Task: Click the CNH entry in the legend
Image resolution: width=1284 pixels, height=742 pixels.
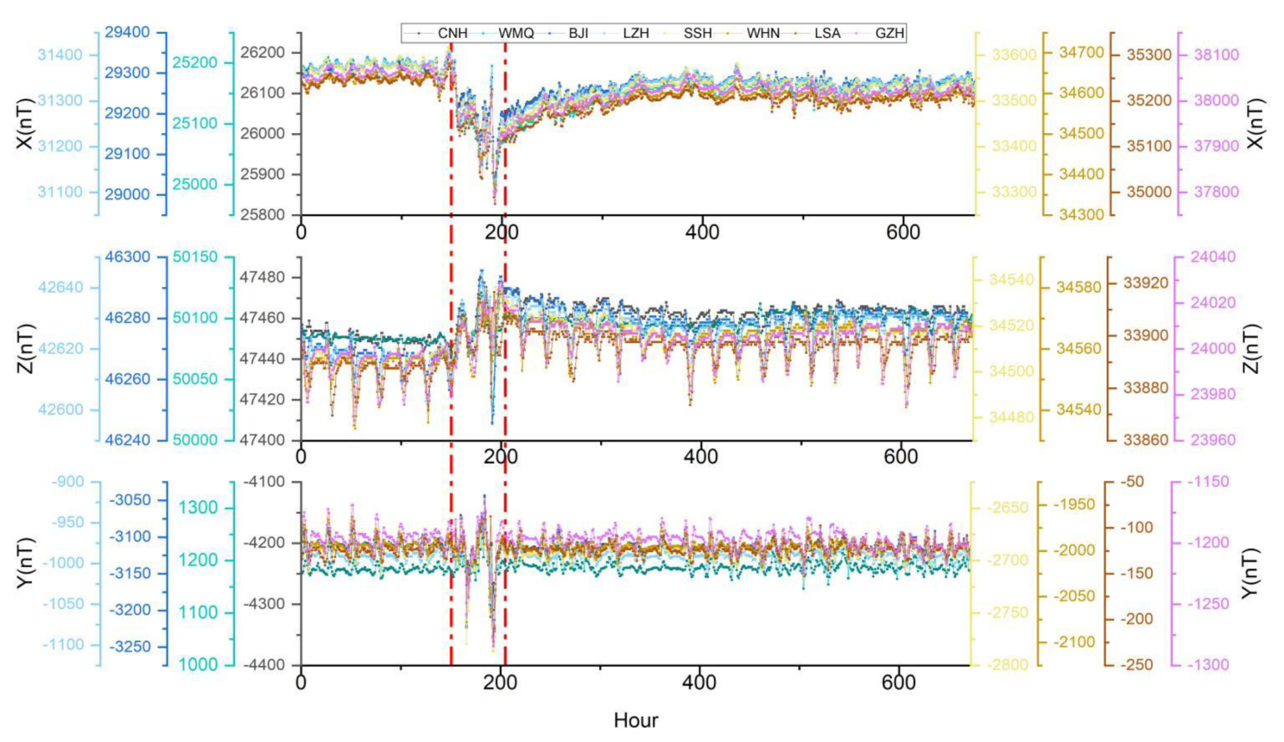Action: click(452, 33)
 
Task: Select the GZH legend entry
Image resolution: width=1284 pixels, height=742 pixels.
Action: click(889, 33)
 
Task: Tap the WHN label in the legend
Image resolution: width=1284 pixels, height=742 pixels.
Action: click(763, 33)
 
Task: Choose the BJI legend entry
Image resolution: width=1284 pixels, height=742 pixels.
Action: click(578, 33)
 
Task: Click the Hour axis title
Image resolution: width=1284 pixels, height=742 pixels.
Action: click(635, 720)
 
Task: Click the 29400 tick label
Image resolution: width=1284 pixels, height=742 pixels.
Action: click(127, 33)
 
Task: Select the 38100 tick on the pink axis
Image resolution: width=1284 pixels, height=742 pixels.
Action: click(1216, 55)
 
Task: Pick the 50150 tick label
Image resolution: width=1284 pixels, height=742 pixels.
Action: click(195, 257)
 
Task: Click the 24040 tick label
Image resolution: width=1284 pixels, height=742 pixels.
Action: click(1213, 257)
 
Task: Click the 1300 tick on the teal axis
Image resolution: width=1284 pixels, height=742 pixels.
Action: click(198, 508)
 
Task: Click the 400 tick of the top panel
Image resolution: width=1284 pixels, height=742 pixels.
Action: click(702, 232)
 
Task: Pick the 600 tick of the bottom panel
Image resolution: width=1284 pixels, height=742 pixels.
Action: click(899, 682)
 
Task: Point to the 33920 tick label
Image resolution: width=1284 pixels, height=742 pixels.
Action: click(1146, 283)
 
